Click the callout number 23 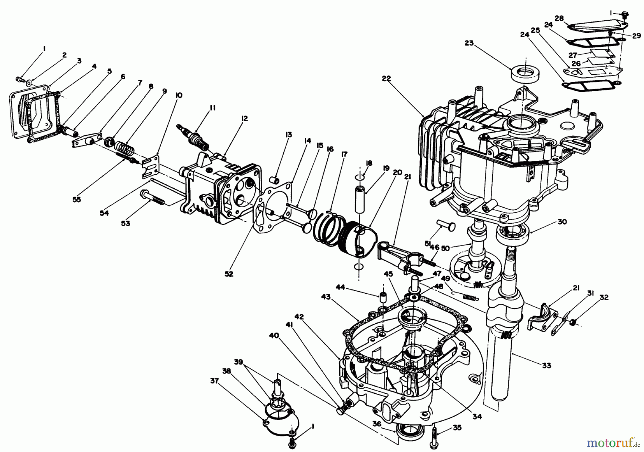tap(469, 43)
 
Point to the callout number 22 tap(386, 78)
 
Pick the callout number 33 tap(547, 366)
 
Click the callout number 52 tap(229, 274)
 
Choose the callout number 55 tap(77, 199)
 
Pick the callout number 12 tap(244, 119)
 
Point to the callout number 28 tap(559, 18)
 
